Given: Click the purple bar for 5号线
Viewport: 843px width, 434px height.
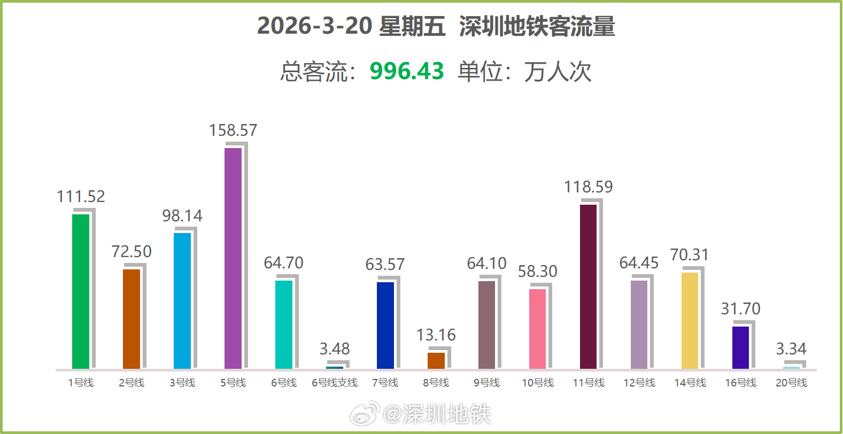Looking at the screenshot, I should (233, 258).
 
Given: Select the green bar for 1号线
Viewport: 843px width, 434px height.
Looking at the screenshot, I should (81, 291).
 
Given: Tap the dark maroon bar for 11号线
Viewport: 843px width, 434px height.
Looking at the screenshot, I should (588, 286).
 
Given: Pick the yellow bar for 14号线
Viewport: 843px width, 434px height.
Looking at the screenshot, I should (690, 321).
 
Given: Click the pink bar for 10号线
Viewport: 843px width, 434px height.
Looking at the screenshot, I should (537, 329).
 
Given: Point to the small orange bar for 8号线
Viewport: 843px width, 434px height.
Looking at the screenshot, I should (436, 360).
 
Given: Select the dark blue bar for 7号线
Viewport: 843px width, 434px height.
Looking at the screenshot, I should (385, 325).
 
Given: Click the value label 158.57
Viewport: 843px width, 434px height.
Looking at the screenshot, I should (233, 130).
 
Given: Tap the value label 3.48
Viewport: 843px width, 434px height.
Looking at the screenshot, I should (335, 349).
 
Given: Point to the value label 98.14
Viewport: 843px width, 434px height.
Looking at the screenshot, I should (182, 216).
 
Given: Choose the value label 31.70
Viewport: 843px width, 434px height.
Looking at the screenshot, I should (740, 309).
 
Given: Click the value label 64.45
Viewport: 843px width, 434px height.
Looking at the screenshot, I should (639, 263).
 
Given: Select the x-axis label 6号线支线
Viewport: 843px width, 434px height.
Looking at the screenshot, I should (335, 383).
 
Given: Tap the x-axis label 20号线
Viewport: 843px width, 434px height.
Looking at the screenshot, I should (791, 383).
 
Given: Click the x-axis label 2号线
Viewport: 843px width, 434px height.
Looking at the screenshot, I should (132, 383).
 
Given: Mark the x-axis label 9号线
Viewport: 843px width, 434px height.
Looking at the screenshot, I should (486, 383).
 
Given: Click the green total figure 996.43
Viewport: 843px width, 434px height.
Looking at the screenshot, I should (407, 71).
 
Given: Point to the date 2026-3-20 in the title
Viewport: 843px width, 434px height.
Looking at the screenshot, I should (314, 26).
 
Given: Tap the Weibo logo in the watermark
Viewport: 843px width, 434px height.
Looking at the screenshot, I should (365, 413).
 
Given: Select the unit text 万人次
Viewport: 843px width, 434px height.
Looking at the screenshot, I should (558, 72).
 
